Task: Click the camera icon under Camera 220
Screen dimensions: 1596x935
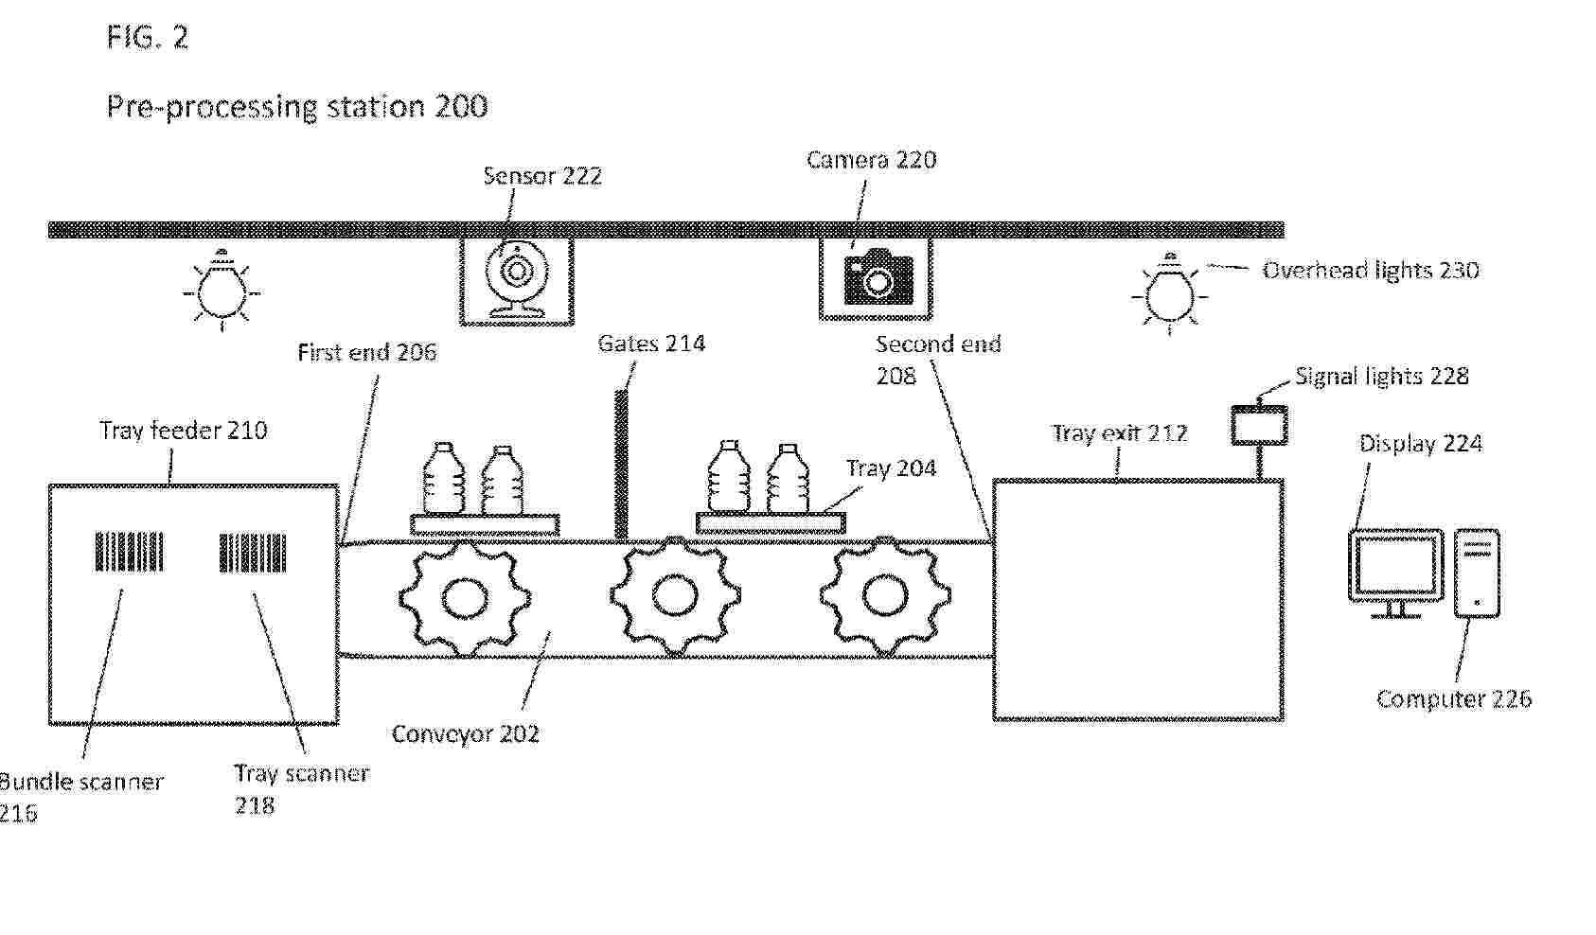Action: (x=878, y=277)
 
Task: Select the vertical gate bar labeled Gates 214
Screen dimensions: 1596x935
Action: (x=621, y=465)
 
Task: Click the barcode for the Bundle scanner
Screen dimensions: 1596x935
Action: (x=129, y=551)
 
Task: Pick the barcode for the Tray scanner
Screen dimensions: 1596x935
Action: (x=253, y=552)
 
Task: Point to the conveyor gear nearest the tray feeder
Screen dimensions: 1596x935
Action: (x=465, y=597)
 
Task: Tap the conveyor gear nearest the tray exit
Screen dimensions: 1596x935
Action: (x=885, y=595)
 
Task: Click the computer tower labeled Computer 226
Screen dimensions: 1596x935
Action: (x=1477, y=573)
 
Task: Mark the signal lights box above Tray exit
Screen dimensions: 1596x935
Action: (x=1260, y=425)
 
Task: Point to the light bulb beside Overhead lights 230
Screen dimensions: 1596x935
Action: (x=1168, y=292)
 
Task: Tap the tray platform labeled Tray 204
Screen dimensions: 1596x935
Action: (x=771, y=523)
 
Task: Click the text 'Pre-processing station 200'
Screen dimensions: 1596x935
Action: (x=297, y=107)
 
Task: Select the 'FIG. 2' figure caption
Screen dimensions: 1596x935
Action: (x=148, y=36)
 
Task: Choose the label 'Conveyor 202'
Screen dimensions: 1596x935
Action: (x=465, y=733)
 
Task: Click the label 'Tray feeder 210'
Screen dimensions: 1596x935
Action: (x=183, y=430)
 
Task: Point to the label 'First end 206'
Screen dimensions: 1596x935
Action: (x=367, y=352)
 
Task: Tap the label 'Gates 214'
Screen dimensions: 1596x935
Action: (x=651, y=344)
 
